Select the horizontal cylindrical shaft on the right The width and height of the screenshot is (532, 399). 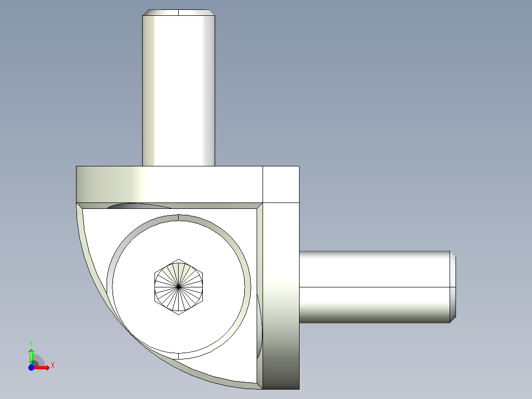[x=375, y=287]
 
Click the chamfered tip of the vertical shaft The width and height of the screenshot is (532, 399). [x=179, y=12]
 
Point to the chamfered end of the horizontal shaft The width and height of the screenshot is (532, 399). [x=452, y=287]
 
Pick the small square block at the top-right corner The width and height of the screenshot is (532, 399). [x=281, y=184]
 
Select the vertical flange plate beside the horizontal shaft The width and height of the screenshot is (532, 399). [x=281, y=296]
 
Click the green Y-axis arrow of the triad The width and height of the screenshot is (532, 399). [x=31, y=354]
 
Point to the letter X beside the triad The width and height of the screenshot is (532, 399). [x=53, y=365]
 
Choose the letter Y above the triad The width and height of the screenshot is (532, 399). [x=31, y=343]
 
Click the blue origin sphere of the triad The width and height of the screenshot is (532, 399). [x=31, y=367]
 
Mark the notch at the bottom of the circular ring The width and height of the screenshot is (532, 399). [x=178, y=356]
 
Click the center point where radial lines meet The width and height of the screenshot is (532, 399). [x=178, y=286]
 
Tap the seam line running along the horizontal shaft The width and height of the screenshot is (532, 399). [x=375, y=287]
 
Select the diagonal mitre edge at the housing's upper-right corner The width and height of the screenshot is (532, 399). [x=259, y=206]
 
